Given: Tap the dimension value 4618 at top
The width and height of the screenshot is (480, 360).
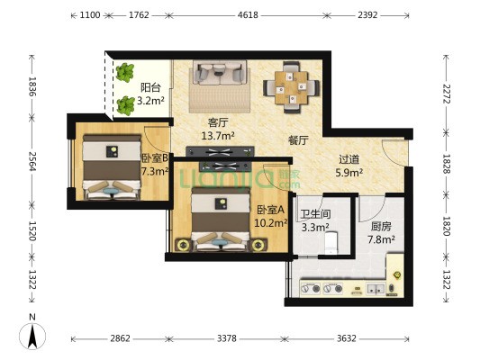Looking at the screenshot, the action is tap(248, 15).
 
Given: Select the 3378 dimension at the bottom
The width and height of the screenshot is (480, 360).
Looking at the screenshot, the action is tap(227, 338).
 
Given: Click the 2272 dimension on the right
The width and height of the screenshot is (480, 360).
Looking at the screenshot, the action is tap(447, 94).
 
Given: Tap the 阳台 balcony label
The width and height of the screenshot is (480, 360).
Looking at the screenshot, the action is tap(150, 88).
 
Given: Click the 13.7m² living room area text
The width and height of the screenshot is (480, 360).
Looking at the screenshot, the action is tap(218, 136).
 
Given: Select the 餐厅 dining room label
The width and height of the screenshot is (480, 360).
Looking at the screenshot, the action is tap(298, 140).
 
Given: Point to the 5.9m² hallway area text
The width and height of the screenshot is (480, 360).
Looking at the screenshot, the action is tap(349, 173).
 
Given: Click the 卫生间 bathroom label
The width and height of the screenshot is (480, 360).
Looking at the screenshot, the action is tap(315, 214).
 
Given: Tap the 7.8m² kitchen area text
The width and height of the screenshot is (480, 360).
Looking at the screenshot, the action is tap(381, 239).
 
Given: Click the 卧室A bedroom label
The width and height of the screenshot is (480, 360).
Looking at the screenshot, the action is tap(270, 210).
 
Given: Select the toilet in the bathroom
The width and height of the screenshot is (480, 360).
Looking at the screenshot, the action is tap(331, 243).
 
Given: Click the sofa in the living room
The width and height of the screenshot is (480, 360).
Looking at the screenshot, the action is tap(220, 73).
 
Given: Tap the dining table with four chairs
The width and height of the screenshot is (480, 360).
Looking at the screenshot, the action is tap(291, 87).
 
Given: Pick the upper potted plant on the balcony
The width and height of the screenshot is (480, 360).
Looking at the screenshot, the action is tap(125, 73).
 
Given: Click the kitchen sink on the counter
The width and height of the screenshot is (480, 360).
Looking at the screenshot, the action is tap(376, 288).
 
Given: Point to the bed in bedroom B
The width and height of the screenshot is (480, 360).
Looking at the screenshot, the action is tap(112, 167).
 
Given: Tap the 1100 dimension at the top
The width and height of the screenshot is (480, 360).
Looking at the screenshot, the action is tap(90, 15).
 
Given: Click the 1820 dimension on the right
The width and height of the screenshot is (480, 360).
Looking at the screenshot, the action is tap(447, 226).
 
